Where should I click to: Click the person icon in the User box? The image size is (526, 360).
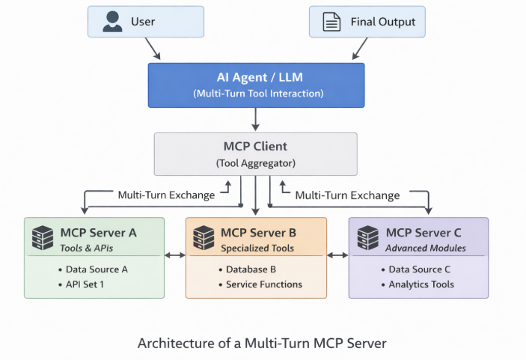click(113, 22)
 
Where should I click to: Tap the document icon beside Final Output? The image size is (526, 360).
click(331, 22)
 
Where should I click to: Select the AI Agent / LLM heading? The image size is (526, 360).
click(257, 78)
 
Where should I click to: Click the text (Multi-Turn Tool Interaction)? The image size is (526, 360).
click(257, 94)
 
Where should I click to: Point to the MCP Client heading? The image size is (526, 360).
click(256, 147)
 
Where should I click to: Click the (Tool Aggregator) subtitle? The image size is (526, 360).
click(256, 162)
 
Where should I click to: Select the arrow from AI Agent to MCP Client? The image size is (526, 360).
click(256, 118)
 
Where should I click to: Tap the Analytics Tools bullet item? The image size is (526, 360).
click(421, 284)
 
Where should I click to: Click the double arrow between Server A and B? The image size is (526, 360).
click(175, 256)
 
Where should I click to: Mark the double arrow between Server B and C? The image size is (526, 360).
click(337, 256)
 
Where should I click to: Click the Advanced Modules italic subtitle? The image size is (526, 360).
click(426, 248)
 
